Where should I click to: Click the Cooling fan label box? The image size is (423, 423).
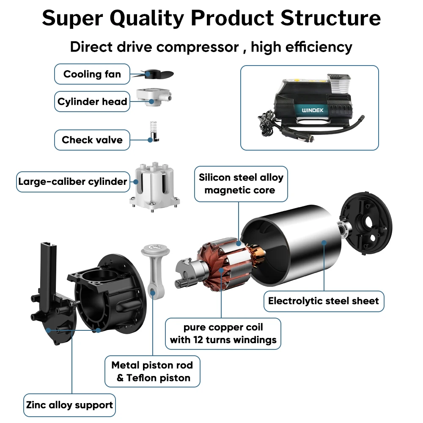click(x=92, y=74)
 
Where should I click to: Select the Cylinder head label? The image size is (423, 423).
click(x=92, y=102)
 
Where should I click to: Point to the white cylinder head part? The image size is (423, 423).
click(x=153, y=97)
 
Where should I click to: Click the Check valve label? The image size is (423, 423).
click(x=92, y=140)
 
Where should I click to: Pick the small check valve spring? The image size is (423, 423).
click(x=154, y=126)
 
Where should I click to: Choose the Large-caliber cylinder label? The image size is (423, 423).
click(x=72, y=182)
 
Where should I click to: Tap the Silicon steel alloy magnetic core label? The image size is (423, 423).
click(x=241, y=183)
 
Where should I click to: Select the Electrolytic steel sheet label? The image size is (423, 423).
click(x=324, y=301)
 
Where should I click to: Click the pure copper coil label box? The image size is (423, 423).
click(x=223, y=333)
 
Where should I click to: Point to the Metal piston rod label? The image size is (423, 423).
click(x=152, y=371)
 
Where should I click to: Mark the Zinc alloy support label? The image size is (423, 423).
click(x=69, y=405)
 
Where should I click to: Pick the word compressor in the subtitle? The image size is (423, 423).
click(x=198, y=47)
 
